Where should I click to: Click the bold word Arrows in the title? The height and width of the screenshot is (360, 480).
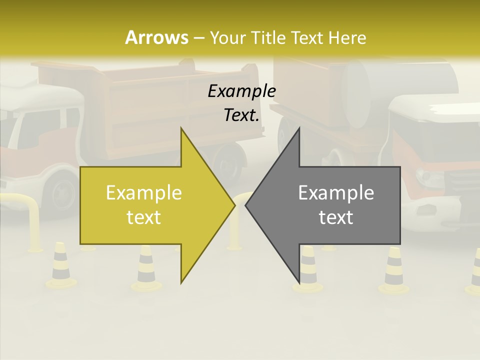click(156, 37)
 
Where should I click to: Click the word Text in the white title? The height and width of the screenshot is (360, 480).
click(307, 37)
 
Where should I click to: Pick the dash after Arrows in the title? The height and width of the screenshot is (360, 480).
click(198, 38)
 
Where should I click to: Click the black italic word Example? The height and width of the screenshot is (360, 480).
click(241, 91)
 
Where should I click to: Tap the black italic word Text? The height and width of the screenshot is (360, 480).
click(241, 115)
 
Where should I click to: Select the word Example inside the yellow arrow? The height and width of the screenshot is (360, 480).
click(143, 193)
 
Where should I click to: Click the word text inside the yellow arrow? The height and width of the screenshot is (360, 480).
click(143, 217)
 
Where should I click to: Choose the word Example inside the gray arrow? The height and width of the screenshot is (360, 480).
click(336, 193)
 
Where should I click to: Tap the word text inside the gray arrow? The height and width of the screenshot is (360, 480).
click(336, 217)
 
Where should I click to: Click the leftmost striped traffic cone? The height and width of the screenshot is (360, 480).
click(60, 265)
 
